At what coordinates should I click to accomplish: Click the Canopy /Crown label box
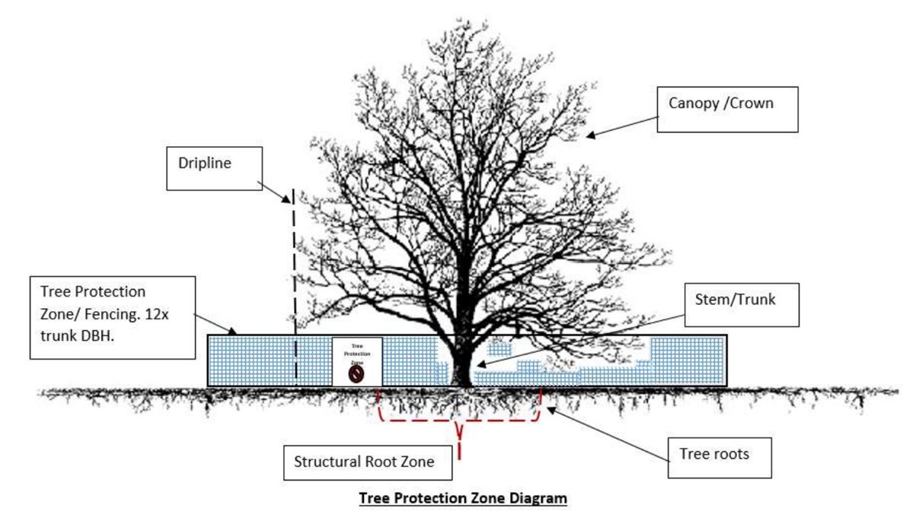point(727,110)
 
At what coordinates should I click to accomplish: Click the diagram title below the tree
point(464,499)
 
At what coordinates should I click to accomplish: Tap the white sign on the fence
point(357,361)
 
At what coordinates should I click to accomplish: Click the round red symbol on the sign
point(356,374)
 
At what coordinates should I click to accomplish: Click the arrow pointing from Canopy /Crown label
point(620,124)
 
